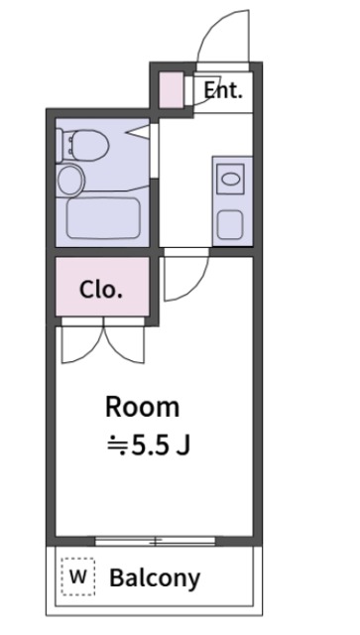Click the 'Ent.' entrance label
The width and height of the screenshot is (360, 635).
tap(223, 90)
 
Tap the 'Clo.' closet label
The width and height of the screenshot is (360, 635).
tap(101, 291)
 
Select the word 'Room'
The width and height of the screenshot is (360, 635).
tap(143, 407)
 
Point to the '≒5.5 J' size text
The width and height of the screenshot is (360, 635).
tap(147, 444)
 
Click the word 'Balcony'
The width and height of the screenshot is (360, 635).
tap(155, 577)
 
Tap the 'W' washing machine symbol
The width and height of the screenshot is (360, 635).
tap(78, 576)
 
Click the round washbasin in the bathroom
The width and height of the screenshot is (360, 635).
tap(71, 180)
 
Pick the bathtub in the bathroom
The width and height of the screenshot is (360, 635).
tap(103, 217)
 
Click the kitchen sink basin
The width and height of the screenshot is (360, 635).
tap(230, 181)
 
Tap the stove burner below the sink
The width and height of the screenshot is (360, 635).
tap(230, 223)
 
